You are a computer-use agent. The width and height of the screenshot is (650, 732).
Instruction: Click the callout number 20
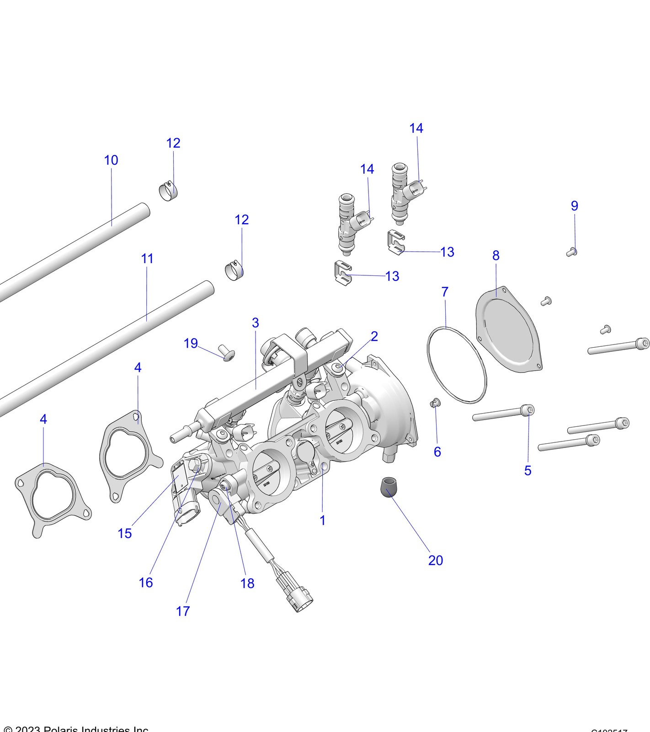(x=435, y=560)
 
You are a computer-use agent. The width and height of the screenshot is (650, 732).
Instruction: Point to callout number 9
(x=575, y=206)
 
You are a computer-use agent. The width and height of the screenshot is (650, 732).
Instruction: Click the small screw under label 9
(x=571, y=251)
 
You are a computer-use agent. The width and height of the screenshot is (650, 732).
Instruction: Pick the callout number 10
(x=111, y=160)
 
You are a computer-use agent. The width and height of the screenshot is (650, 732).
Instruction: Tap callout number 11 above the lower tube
(x=147, y=258)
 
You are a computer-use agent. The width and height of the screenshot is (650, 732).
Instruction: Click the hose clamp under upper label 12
(x=168, y=192)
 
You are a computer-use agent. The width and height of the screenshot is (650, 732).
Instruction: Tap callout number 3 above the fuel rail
(x=255, y=323)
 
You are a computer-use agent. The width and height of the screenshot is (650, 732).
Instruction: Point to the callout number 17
(x=182, y=611)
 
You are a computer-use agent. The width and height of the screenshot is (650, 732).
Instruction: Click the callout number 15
(x=124, y=533)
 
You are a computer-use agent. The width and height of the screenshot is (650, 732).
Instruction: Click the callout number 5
(x=527, y=470)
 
